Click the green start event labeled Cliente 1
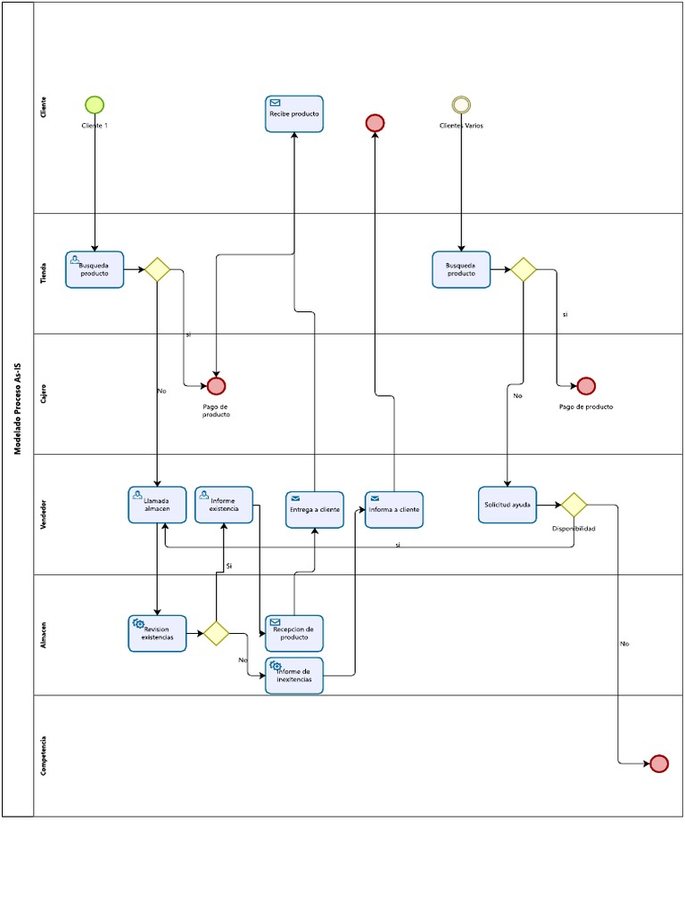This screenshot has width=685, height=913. click(95, 104)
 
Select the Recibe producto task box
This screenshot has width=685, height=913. click(293, 114)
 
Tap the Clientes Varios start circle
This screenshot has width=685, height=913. click(461, 104)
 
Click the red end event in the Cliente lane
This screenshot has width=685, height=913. click(375, 123)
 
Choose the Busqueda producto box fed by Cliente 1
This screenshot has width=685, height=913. click(95, 269)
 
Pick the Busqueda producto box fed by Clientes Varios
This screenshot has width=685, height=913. click(461, 269)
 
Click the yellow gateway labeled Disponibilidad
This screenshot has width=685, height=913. click(573, 505)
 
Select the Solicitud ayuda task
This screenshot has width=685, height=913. click(508, 505)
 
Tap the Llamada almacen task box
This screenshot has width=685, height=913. click(157, 505)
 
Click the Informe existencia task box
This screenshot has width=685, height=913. click(224, 505)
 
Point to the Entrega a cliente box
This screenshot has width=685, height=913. click(315, 509)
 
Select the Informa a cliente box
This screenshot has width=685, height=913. click(393, 509)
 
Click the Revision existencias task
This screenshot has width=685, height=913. click(157, 633)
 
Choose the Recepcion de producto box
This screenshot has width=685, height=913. click(293, 633)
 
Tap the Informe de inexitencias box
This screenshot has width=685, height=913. click(293, 676)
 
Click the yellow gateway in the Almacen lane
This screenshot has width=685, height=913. click(216, 633)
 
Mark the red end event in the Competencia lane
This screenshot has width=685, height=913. click(658, 763)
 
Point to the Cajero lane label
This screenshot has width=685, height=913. click(44, 394)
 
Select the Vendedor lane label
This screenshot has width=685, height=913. click(44, 514)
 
